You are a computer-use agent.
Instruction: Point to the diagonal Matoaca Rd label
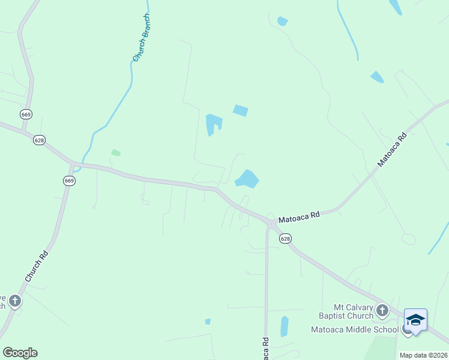pyautogui.click(x=392, y=149)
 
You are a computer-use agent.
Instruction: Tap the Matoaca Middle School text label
pyautogui.click(x=354, y=329)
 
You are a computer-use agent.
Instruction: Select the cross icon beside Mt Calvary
pyautogui.click(x=382, y=311)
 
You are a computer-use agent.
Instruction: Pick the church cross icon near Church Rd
pyautogui.click(x=15, y=301)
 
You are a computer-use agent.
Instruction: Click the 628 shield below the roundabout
pyautogui.click(x=285, y=239)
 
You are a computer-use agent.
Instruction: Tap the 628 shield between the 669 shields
pyautogui.click(x=39, y=140)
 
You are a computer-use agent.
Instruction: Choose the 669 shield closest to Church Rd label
pyautogui.click(x=70, y=181)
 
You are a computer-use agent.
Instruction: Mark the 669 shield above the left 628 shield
pyautogui.click(x=25, y=114)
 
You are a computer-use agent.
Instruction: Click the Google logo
pyautogui.click(x=20, y=352)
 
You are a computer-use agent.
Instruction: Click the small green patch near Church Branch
pyautogui.click(x=116, y=153)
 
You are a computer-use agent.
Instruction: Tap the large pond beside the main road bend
pyautogui.click(x=247, y=179)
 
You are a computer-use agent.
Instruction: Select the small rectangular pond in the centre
pyautogui.click(x=240, y=110)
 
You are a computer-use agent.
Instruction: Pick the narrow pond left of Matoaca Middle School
pyautogui.click(x=284, y=326)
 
